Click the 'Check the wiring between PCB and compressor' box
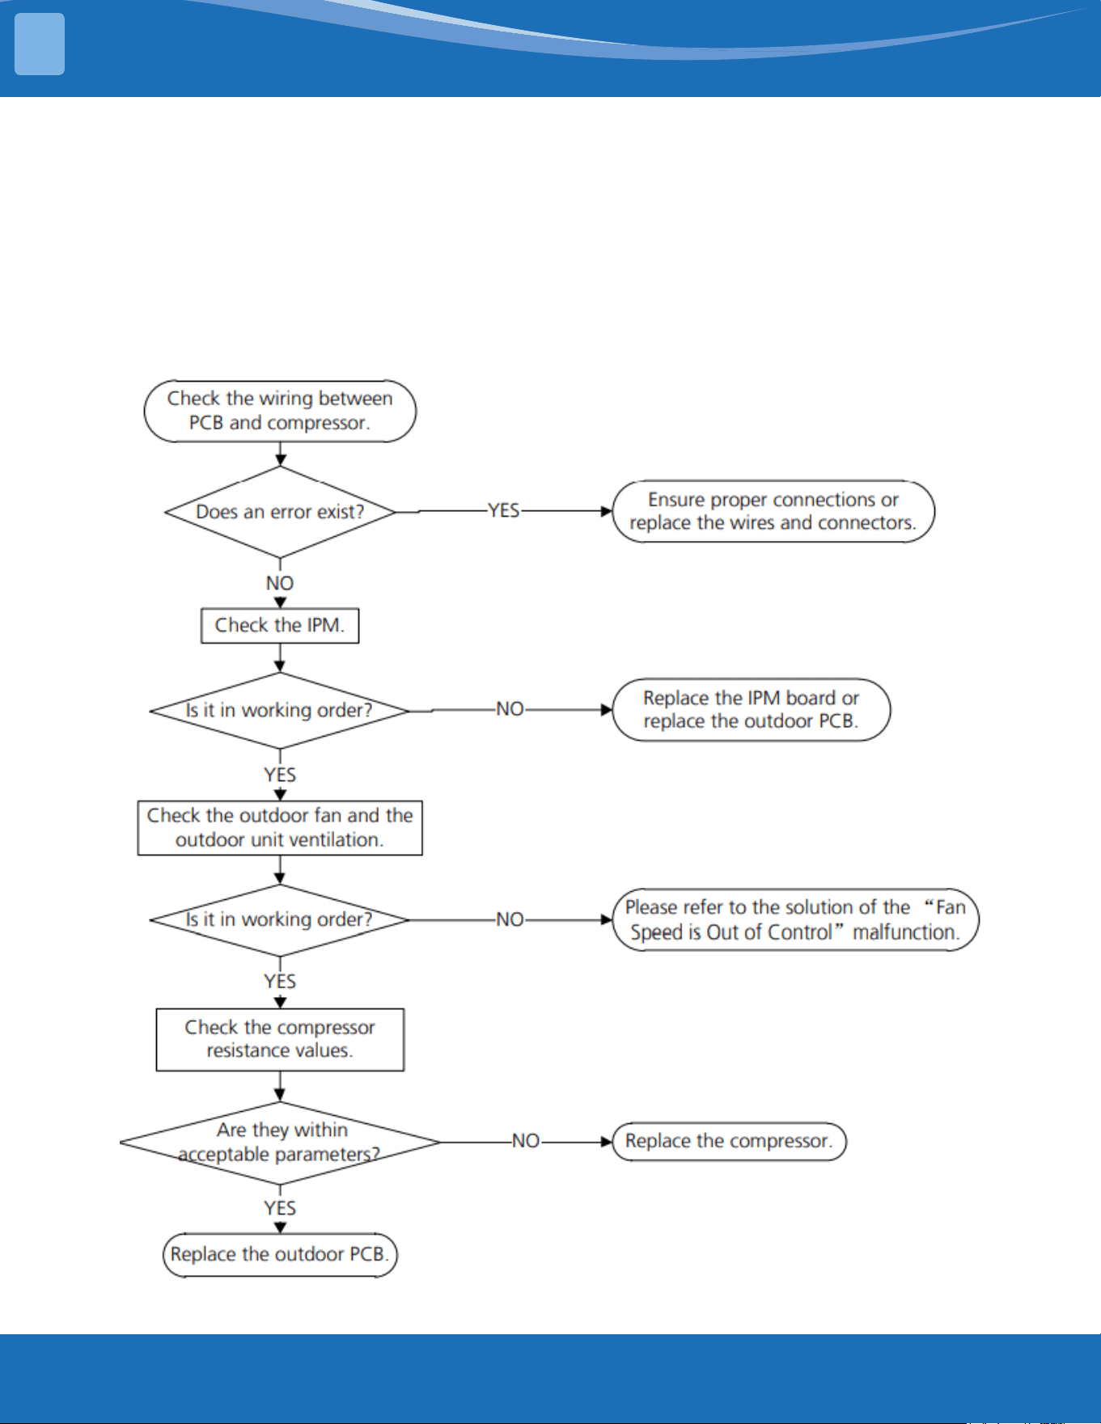280,411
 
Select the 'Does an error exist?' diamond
280,512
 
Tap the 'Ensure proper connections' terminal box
773,511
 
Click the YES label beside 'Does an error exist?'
503,511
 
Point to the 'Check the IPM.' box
280,626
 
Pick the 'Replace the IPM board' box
752,709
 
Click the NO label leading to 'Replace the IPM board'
510,709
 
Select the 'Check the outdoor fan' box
280,828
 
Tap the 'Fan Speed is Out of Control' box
795,919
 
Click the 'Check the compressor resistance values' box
280,1039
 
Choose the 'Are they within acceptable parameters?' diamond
280,1143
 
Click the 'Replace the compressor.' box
729,1141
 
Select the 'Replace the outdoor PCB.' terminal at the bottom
280,1254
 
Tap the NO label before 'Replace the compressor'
526,1141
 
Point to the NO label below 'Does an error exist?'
280,583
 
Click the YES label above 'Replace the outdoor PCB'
280,1208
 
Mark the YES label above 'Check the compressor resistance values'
280,982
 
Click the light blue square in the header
40,44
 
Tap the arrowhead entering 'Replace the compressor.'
607,1142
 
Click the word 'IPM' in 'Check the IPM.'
323,625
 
